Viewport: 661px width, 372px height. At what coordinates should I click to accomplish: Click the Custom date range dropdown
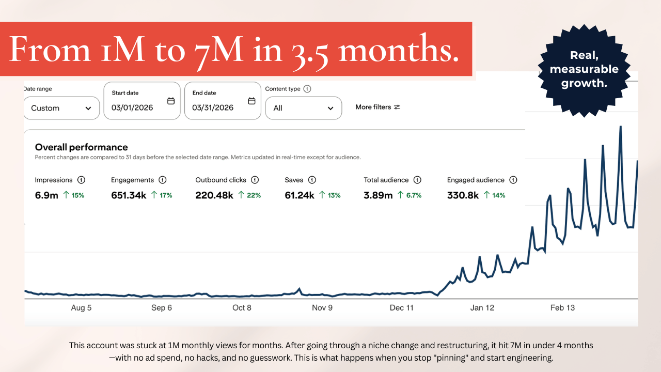61,108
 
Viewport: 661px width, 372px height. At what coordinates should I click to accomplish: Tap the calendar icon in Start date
171,101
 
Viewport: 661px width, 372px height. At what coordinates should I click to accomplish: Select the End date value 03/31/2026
213,107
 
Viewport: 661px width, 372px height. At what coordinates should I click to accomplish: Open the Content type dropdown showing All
303,108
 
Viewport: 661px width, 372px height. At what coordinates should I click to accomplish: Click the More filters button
377,107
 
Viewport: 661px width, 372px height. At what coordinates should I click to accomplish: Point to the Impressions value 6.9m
46,195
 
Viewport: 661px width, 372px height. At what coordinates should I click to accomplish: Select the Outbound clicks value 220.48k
214,195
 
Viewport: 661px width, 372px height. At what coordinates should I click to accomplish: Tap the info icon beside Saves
312,180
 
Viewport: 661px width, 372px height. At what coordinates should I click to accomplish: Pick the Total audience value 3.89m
378,195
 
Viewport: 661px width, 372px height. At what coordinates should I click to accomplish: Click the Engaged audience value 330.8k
463,195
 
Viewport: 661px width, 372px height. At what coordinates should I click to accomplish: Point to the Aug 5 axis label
81,307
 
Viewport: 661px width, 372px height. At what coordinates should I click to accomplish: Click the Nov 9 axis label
322,307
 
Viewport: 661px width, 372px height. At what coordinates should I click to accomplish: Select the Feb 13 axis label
562,307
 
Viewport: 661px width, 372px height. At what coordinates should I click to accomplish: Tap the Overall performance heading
82,147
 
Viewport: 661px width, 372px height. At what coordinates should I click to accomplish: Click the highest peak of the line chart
621,127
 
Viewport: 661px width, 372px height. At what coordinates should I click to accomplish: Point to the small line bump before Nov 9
299,290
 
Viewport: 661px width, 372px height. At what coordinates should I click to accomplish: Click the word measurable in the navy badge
584,69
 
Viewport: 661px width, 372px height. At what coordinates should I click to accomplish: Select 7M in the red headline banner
218,51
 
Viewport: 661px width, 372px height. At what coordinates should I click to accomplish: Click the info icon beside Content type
307,89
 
